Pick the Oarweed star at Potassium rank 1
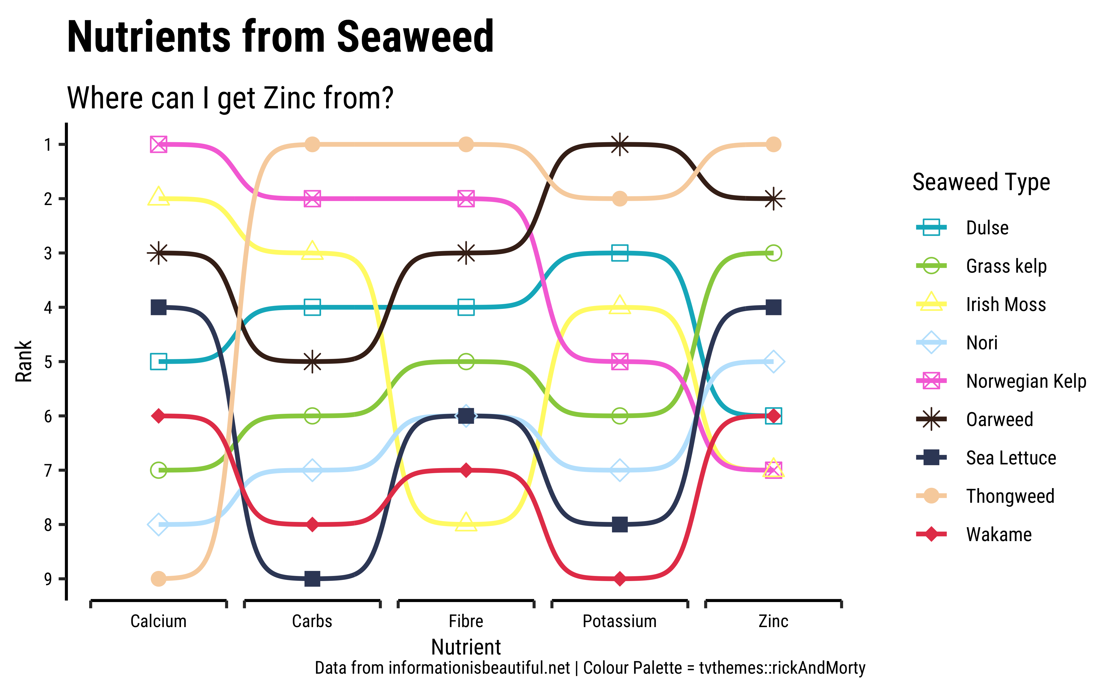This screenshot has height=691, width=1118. pyautogui.click(x=619, y=144)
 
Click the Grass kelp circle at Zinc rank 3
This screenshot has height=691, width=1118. pyautogui.click(x=773, y=253)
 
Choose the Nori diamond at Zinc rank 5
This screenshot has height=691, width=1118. pyautogui.click(x=773, y=362)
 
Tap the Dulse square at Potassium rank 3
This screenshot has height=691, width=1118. pyautogui.click(x=619, y=253)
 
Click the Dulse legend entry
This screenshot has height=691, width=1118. pyautogui.click(x=987, y=228)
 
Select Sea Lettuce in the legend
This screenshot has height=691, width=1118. pyautogui.click(x=1011, y=457)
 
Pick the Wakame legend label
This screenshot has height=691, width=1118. pyautogui.click(x=999, y=534)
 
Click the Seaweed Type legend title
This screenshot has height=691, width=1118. pyautogui.click(x=981, y=182)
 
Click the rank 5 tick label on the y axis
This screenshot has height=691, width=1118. pyautogui.click(x=48, y=362)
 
